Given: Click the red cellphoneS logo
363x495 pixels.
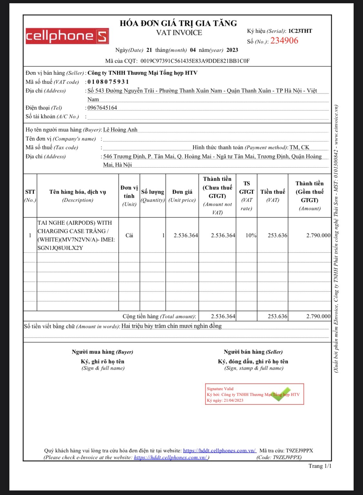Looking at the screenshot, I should coord(67,36).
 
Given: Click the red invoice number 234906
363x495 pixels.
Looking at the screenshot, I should coord(284,41).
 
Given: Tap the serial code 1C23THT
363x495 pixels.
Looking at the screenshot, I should coord(300,31).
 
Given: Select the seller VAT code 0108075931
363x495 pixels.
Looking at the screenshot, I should coord(108,82).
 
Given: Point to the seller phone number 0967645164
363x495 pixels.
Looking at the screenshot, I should coord(102,108).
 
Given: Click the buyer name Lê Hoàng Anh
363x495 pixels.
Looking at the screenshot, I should coord(120,130).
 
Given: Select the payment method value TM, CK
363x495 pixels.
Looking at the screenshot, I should coord(299,147).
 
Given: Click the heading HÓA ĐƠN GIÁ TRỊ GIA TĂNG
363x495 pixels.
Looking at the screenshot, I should coord(178,23).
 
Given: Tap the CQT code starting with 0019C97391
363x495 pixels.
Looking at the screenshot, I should coord(195,61).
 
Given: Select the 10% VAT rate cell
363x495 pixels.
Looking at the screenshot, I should coord(251,235).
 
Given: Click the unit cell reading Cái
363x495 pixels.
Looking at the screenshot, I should coord(129,235).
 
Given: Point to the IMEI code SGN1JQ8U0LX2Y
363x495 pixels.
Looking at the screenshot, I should coord(60,248).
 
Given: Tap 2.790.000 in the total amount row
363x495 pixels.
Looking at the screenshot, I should coord(318,316).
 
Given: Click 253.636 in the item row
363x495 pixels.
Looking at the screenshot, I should coord(277,235).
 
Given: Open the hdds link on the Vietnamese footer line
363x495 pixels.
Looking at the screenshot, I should coord(219,450).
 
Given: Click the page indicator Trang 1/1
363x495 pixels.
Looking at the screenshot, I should coord(320,466).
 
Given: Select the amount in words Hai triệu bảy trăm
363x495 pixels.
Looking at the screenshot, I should coord(171,326).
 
